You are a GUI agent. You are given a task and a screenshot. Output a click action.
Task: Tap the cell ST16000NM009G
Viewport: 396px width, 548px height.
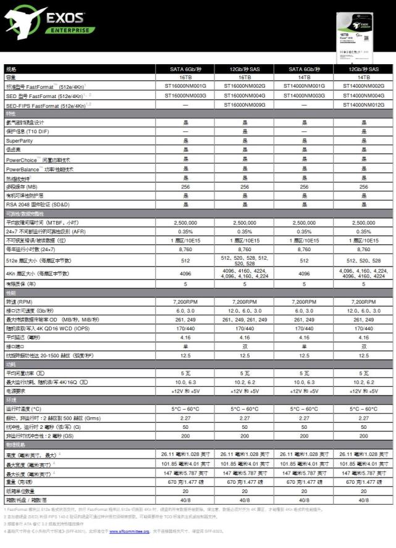(x=244, y=106)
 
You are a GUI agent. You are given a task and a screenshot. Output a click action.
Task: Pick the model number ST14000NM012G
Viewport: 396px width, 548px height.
(x=363, y=106)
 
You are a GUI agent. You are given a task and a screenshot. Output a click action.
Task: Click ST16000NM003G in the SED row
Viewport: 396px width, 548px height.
(x=185, y=96)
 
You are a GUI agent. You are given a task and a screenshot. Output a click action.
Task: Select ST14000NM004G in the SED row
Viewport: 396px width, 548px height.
(x=363, y=96)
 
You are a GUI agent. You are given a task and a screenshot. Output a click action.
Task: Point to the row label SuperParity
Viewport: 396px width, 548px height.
(x=19, y=141)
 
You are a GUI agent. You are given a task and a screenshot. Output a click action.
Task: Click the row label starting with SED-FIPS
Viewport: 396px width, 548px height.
(x=45, y=106)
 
